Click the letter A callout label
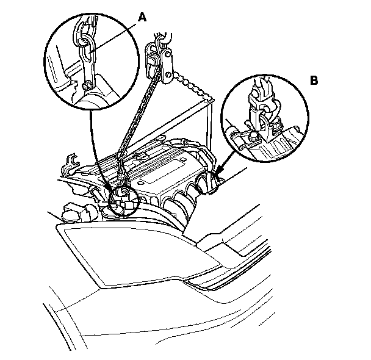pyautogui.click(x=142, y=18)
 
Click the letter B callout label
pyautogui.click(x=314, y=80)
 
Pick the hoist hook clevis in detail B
pyautogui.click(x=264, y=113)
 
